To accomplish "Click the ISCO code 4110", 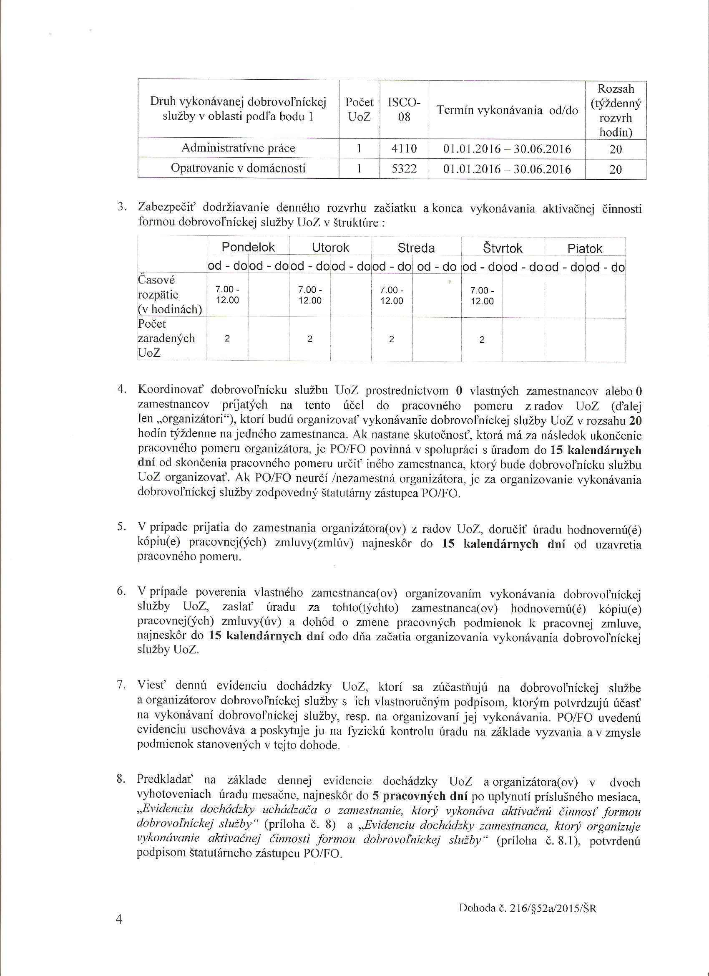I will pos(404,149).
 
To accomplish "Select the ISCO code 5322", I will pos(404,169).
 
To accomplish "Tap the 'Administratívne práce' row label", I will pos(238,149).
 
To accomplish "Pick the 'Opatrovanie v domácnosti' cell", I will pos(238,168).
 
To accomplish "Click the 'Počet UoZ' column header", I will pos(359,109).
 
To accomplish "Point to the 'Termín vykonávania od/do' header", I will pos(507,110).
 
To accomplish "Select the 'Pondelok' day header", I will pos(248,248).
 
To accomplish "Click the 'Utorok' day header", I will pos(330,248).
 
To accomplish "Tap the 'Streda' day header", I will pos(416,248).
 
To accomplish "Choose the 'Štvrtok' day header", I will pos(502,248).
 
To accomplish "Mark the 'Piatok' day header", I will pos(585,249).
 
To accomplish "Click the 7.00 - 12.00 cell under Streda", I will pos(391,295).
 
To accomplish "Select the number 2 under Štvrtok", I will pos(482,339).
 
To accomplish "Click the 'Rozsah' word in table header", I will pos(616,89).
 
